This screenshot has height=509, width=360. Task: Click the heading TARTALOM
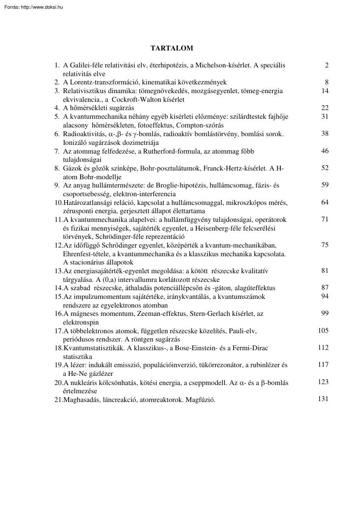point(172,48)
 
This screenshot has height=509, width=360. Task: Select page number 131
point(323,399)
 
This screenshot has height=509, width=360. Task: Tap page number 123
point(323,382)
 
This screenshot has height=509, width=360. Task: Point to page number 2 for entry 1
point(326,65)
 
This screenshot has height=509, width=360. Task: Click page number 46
point(325,151)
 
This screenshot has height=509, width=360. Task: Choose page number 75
point(325,245)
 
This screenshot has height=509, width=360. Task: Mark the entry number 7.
point(57,151)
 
